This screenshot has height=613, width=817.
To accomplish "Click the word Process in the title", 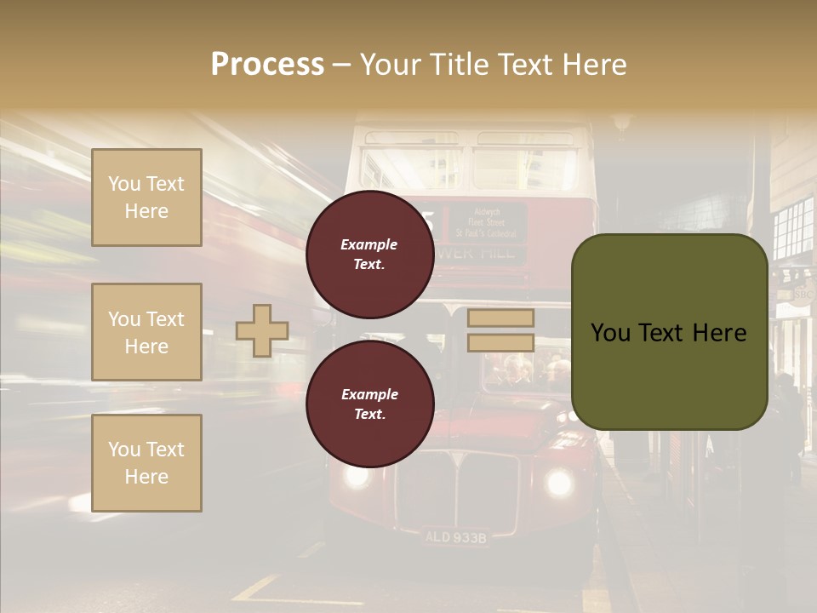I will (x=267, y=65).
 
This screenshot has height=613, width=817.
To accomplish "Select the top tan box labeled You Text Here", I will (x=146, y=198).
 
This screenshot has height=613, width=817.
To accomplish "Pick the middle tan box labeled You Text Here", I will (x=146, y=332).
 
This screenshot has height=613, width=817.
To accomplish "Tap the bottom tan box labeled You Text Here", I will (x=146, y=462).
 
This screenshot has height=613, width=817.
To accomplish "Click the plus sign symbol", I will (x=262, y=330).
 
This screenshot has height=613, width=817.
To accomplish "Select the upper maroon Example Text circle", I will (x=369, y=255).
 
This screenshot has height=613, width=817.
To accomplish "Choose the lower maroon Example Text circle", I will (x=369, y=404).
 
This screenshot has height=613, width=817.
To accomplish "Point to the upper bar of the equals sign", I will (x=500, y=318).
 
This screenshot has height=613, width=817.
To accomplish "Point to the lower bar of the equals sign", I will (x=500, y=342).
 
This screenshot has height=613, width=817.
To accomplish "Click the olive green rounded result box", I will (x=669, y=332).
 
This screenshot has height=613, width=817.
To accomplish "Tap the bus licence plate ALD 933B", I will (x=455, y=537).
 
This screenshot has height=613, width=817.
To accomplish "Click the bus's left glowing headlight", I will (x=356, y=475).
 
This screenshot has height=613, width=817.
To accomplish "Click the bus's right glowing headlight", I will (x=558, y=482).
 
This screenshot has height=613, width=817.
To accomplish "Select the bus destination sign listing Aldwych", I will (x=487, y=221).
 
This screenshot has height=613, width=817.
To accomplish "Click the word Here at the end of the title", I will (x=597, y=65).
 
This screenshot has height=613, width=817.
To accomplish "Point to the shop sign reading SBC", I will (x=802, y=295).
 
